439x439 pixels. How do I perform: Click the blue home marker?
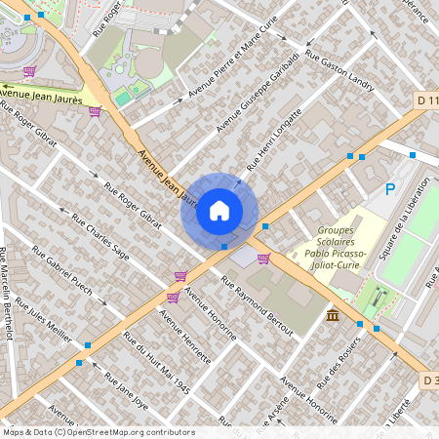tap(219, 210)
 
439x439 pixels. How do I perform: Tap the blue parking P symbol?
tap(390, 189)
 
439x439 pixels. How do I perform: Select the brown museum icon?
tap(334, 315)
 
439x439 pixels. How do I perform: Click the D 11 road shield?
tap(426, 100)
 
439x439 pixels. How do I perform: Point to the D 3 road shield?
tap(430, 378)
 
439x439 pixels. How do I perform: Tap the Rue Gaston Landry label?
tap(339, 71)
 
